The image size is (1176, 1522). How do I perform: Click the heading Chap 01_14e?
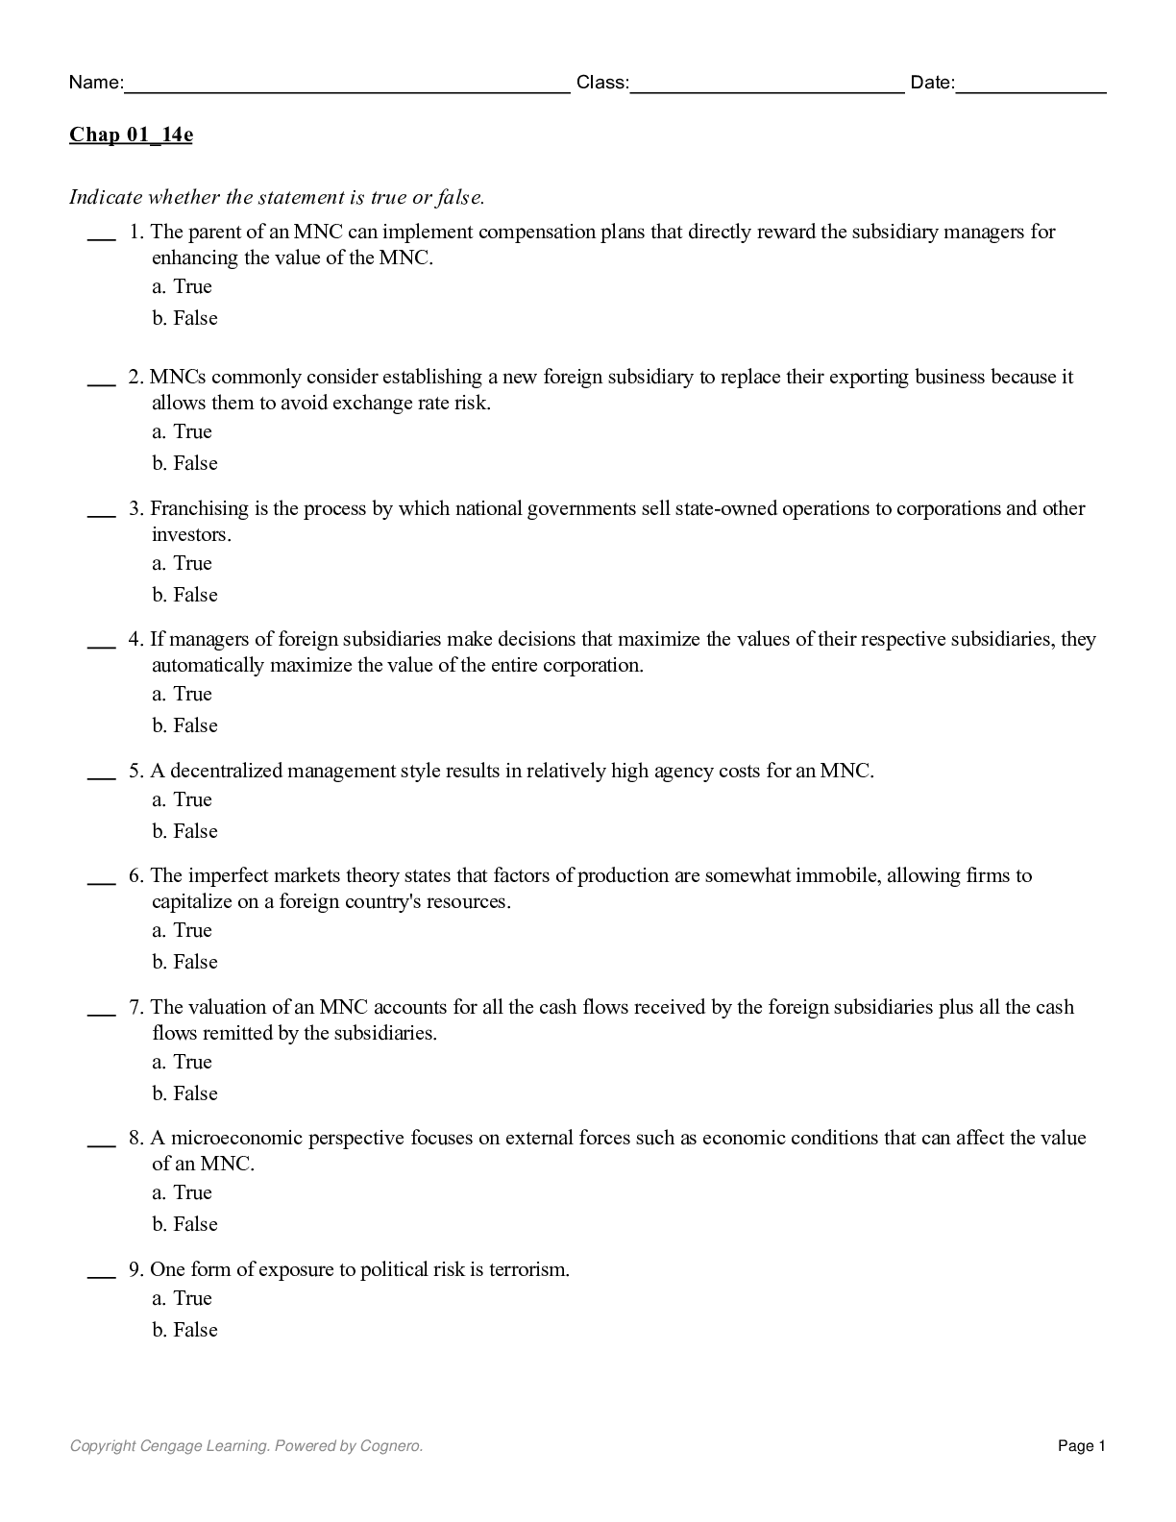[x=131, y=135]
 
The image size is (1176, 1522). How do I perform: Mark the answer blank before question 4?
[x=101, y=645]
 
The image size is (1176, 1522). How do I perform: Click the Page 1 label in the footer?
[x=1082, y=1446]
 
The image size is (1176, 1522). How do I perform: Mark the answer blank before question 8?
[x=101, y=1143]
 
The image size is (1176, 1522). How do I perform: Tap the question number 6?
[x=135, y=875]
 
